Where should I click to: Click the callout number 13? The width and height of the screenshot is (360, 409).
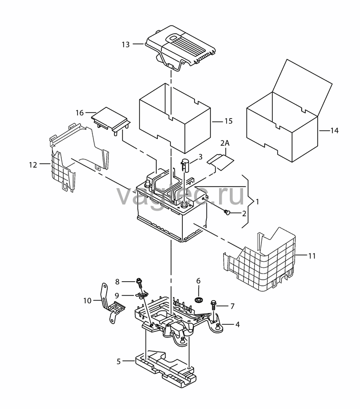coord(126,44)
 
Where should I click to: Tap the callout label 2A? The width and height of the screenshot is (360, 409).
coord(225,143)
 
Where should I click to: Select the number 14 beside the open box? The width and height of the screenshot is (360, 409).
coord(334,130)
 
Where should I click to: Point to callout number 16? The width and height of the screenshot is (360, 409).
coord(80,113)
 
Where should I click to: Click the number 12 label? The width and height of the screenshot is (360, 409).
coord(33,165)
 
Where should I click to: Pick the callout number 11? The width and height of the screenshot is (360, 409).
coord(312,256)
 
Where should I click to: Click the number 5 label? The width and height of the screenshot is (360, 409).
coord(118,362)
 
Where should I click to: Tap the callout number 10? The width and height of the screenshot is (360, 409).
coord(87,301)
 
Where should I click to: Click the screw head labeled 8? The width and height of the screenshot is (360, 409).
coord(139,281)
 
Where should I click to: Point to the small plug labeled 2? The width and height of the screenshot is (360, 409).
coord(227,213)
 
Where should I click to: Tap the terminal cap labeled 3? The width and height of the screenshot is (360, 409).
coord(185,165)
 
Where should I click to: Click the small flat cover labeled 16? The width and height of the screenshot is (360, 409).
coord(110,120)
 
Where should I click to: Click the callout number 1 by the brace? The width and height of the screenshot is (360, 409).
coord(257,201)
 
